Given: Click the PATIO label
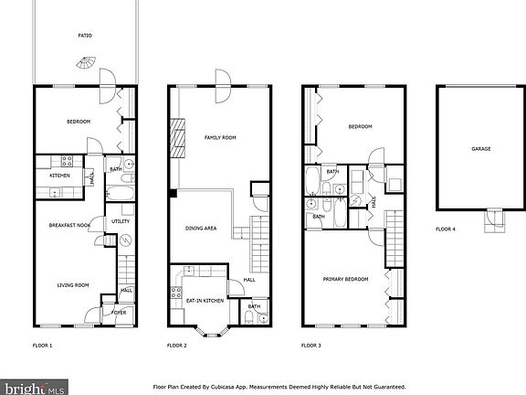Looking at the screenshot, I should click(85, 36).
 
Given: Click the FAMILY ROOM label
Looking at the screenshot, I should click(220, 137).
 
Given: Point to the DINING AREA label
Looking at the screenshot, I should click(200, 228).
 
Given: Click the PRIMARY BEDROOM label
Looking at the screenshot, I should click(346, 279).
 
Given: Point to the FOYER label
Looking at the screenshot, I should click(119, 313).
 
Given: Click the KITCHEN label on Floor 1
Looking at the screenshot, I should click(59, 176).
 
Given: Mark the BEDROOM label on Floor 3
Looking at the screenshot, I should click(358, 126).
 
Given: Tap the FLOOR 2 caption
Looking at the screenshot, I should click(176, 346).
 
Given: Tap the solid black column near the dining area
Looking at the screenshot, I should click(172, 192).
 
